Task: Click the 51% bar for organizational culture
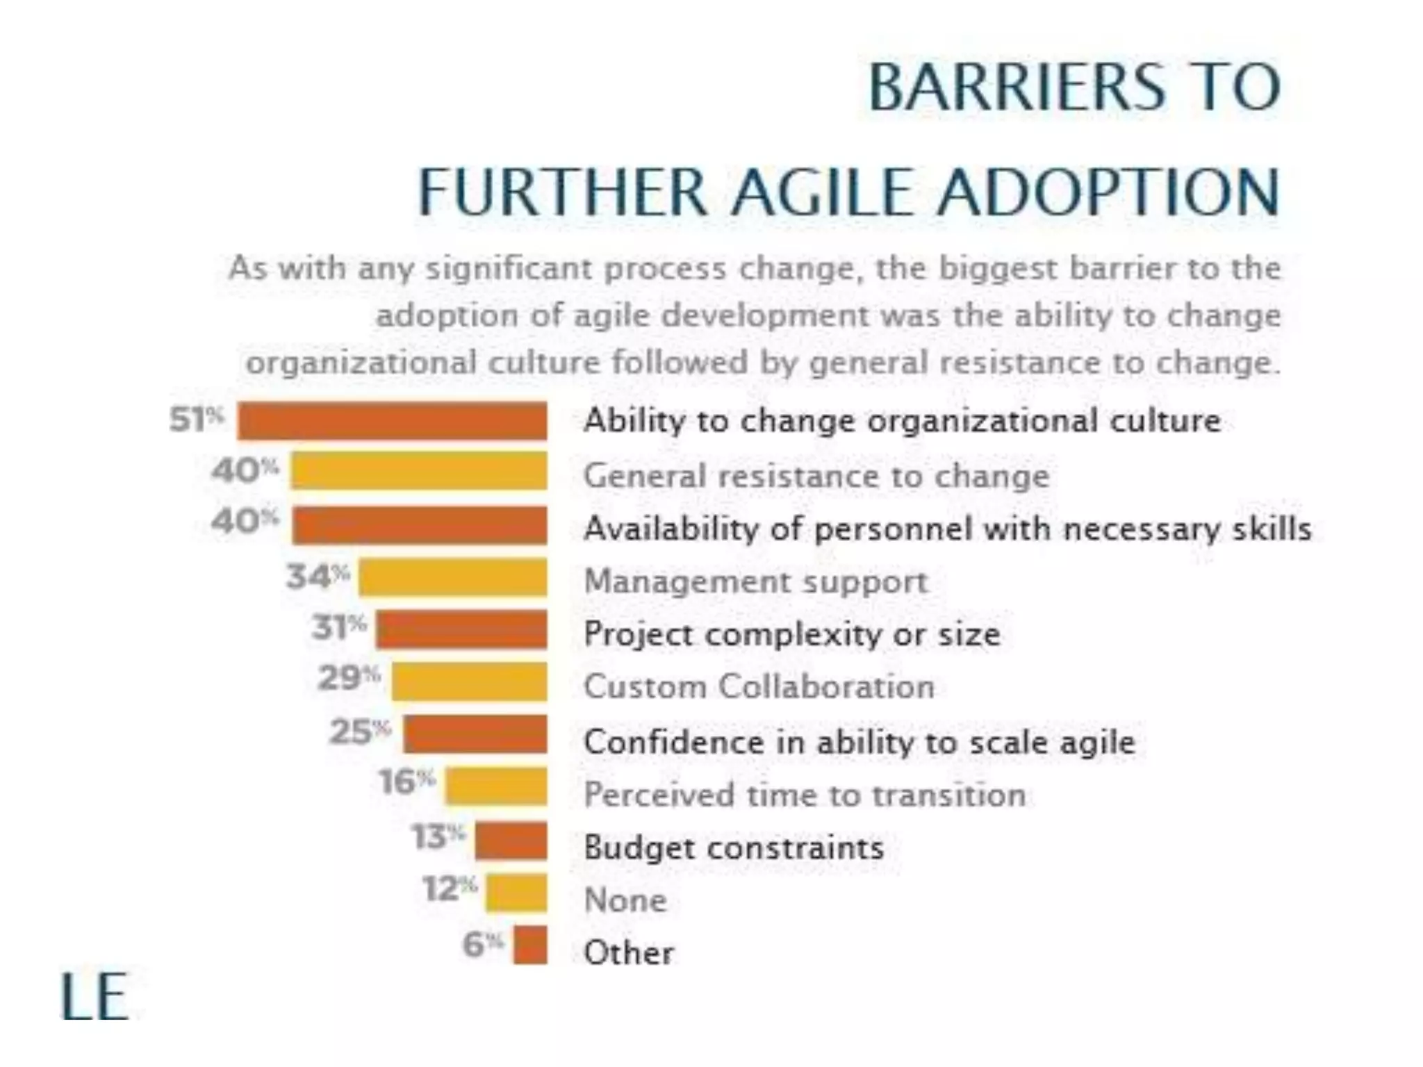(392, 420)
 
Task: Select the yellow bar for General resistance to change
(419, 471)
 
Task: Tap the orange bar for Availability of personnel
(420, 524)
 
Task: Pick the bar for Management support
(453, 577)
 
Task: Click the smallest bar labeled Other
(530, 945)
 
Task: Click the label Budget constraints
(734, 847)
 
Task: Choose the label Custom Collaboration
(759, 686)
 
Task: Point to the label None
(625, 900)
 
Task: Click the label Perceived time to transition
(805, 795)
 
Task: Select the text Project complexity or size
(792, 634)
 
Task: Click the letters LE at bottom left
(94, 996)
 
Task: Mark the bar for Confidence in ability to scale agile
(475, 734)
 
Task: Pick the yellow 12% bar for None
(516, 893)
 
